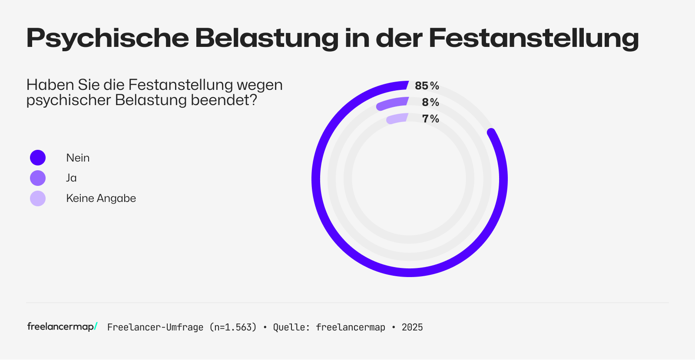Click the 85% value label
point(427,86)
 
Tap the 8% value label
point(430,102)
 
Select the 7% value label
point(430,119)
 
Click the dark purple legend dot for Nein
point(38,158)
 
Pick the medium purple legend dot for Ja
point(38,178)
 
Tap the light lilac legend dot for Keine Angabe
point(38,198)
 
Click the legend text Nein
point(78,158)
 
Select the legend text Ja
point(71,178)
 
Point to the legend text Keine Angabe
point(101,198)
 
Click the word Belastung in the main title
point(266,38)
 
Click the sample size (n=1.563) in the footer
point(233,327)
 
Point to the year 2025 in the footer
point(412,327)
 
